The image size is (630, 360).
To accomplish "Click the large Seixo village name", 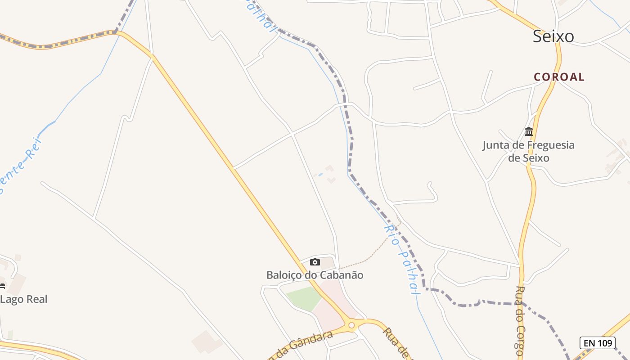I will coord(553,36).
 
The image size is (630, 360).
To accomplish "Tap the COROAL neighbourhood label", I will coord(559,77).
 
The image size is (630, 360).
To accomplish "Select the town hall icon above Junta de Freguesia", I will coord(529,132).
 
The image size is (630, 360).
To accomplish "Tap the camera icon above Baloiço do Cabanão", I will coord(315,262).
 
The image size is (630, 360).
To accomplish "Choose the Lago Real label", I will coord(24,299).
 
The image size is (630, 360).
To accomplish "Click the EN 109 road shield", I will coord(597,343).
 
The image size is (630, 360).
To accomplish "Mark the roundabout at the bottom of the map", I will coord(351,325).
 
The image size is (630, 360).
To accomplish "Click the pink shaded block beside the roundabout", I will coord(333,306).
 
